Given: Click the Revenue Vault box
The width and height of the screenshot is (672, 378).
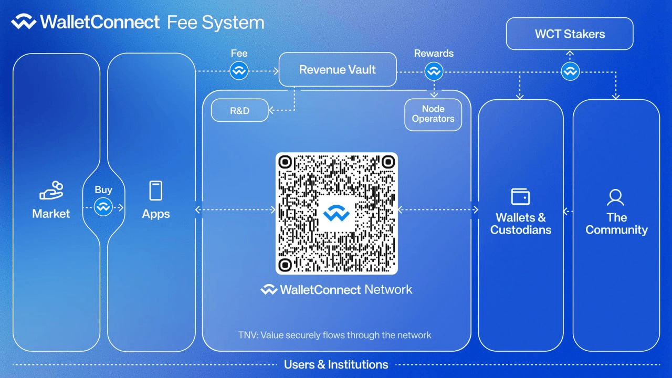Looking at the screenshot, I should point(337,69).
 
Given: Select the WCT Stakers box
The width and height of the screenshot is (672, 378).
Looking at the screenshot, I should point(570,34).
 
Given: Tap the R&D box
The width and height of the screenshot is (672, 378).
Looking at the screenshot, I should point(239,110).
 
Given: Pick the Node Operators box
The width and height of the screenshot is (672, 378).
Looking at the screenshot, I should point(433,114).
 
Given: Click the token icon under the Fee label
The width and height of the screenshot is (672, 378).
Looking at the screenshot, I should point(239,71).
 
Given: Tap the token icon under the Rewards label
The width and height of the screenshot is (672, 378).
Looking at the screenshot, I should point(434,71).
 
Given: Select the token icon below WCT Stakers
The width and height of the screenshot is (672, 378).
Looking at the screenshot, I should point(570,71).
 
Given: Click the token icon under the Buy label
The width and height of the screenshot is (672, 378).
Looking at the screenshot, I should point(103,207).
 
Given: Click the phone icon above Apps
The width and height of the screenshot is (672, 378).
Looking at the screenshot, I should point(156,190).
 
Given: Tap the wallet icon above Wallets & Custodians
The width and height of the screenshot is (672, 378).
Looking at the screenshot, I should point(520,196).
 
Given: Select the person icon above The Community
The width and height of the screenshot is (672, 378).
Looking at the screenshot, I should point(615,197).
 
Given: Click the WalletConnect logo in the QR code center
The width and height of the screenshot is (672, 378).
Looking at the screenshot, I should point(337,213).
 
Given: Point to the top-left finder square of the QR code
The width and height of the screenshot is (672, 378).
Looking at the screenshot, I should point(285,161).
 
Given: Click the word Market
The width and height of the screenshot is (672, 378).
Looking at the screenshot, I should point(51,214).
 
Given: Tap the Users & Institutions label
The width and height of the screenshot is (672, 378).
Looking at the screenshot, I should point(336,364).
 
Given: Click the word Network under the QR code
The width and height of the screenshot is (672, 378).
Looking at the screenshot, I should point(388,289).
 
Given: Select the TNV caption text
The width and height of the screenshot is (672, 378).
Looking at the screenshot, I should point(334,334).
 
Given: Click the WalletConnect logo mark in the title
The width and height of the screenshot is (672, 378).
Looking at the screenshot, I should point(24,22).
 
